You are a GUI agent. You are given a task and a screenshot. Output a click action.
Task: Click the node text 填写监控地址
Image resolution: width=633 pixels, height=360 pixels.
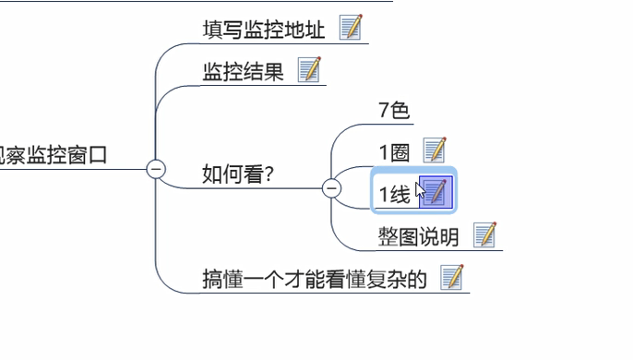264,30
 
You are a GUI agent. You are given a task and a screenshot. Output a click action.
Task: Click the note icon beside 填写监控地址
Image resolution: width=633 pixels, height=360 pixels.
351,28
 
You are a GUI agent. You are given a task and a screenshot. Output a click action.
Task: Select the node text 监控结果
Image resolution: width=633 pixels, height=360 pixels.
243,72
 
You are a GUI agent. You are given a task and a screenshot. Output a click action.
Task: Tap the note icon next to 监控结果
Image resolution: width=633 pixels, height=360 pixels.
309,69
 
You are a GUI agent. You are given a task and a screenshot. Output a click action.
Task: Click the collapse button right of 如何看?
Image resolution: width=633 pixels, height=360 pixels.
331,189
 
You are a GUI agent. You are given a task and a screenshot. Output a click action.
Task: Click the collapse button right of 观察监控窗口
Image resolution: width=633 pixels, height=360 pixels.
156,168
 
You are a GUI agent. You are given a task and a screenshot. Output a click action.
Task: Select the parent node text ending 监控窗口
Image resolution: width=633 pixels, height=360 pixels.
55,155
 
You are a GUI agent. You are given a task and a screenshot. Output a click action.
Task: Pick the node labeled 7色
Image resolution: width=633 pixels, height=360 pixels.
393,111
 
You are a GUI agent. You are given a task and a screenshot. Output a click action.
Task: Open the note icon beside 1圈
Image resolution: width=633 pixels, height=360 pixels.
434,150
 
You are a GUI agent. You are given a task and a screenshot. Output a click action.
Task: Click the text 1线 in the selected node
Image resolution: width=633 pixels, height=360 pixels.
394,194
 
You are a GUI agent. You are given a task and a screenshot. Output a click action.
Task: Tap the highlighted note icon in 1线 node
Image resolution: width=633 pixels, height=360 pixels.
436,192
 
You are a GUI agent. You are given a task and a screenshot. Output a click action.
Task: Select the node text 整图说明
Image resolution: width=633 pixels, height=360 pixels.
418,237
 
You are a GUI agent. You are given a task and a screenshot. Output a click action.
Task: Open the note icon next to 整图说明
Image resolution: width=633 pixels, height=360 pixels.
485,234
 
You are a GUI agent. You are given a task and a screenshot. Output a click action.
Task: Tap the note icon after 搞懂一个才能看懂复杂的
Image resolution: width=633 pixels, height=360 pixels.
451,276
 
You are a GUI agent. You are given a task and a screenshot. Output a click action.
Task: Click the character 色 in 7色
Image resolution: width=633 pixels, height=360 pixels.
400,111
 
